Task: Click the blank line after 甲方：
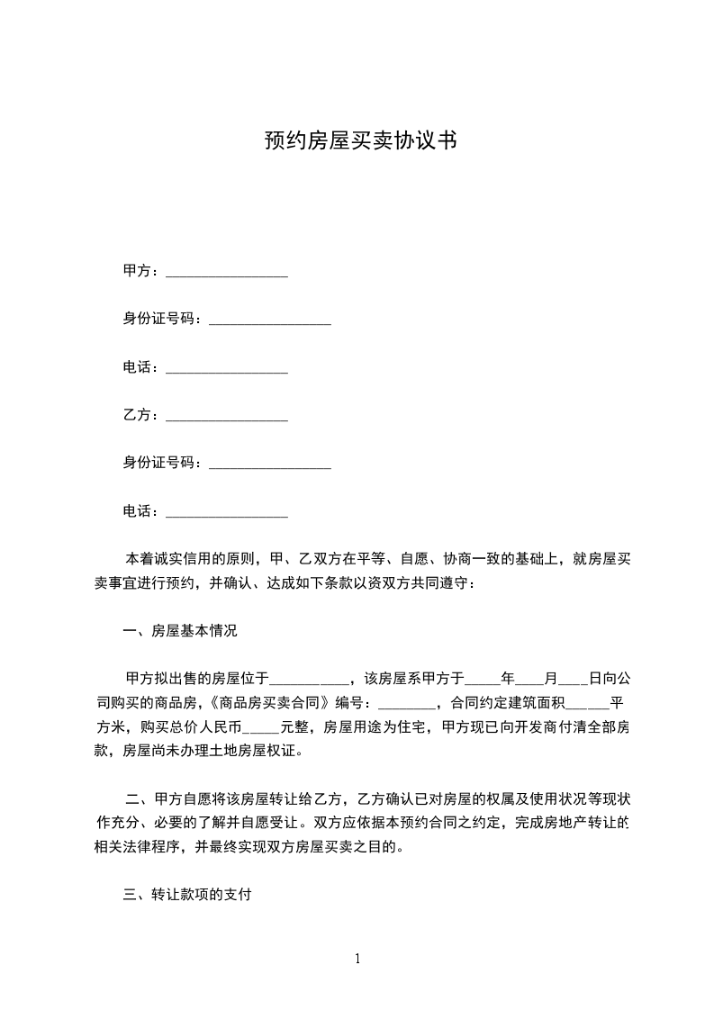click(x=227, y=272)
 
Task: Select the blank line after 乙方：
click(x=227, y=416)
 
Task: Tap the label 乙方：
click(x=142, y=416)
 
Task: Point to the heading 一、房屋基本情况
click(x=180, y=631)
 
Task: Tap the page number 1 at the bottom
click(x=357, y=959)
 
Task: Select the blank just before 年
click(x=484, y=680)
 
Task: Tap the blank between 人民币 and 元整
click(x=261, y=726)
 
